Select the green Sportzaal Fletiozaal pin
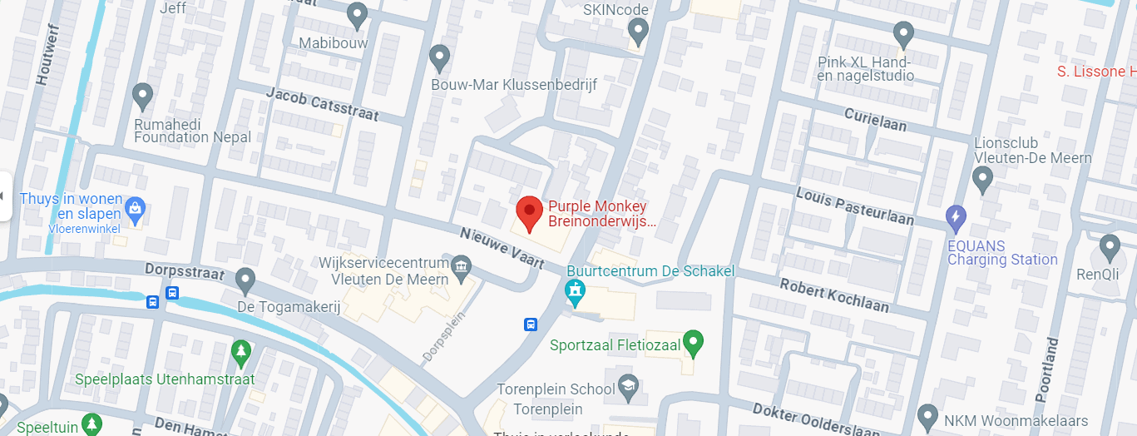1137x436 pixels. coord(693,342)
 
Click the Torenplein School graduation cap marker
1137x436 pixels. coord(628,386)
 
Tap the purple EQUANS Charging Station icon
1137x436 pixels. coord(957,219)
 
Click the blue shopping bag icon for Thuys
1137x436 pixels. coord(135,207)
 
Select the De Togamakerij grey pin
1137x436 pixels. coord(245,280)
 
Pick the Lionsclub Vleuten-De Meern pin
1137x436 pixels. coord(983,177)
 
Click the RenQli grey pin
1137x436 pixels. coord(1110,247)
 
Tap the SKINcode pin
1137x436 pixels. coord(638,32)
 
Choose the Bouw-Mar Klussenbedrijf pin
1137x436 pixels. coord(439,57)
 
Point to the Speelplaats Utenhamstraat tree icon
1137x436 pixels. coord(240,351)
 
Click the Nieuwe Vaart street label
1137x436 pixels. coord(502,249)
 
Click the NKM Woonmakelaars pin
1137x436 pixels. coord(927,416)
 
